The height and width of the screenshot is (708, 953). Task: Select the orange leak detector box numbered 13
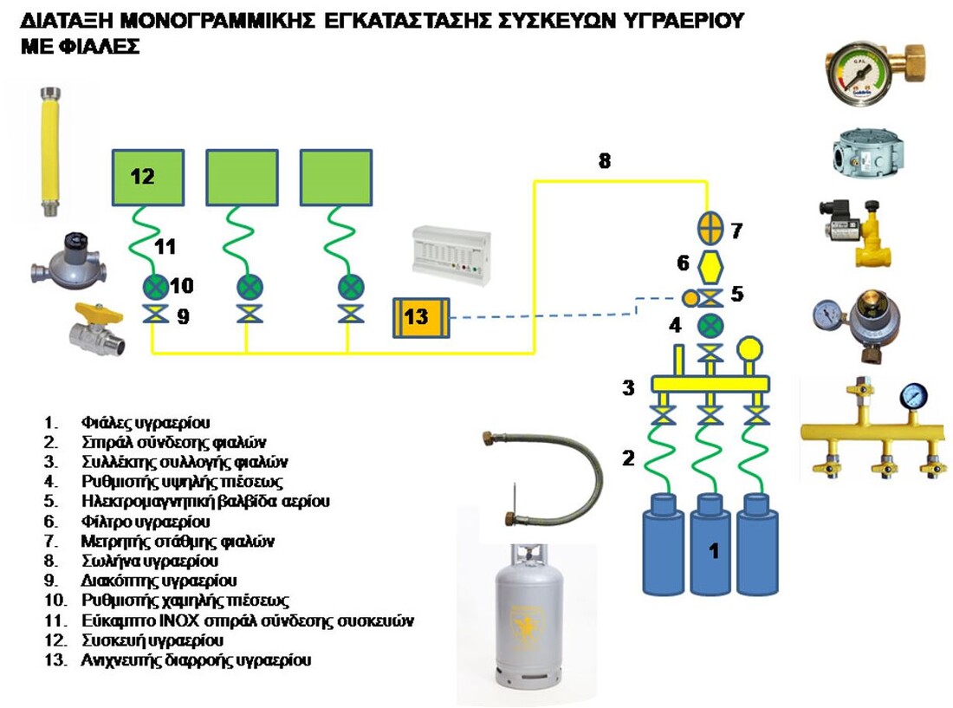tap(421, 318)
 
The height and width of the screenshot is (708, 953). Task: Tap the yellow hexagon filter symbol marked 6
tap(710, 263)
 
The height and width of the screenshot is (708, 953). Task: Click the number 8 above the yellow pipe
tap(604, 160)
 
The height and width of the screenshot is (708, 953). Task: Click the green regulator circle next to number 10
tap(155, 286)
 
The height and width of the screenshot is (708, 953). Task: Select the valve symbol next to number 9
tap(155, 315)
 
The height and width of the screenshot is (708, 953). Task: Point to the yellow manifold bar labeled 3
tap(710, 382)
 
